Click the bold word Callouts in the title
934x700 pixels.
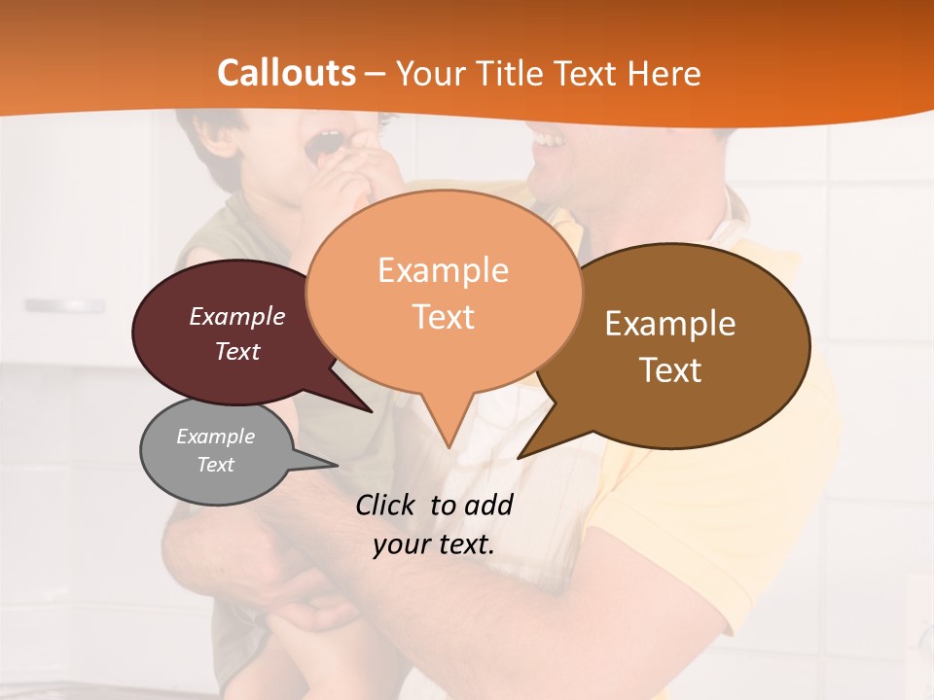tap(286, 73)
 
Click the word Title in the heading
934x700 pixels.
tap(507, 73)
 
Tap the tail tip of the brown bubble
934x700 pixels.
tap(521, 456)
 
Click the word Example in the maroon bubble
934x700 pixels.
tap(237, 316)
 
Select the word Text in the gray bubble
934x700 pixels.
tap(216, 465)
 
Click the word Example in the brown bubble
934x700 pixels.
tap(670, 324)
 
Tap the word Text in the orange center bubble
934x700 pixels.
tap(444, 317)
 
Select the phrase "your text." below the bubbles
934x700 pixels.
tap(434, 544)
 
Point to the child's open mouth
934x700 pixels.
tap(325, 145)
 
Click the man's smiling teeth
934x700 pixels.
tap(549, 141)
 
